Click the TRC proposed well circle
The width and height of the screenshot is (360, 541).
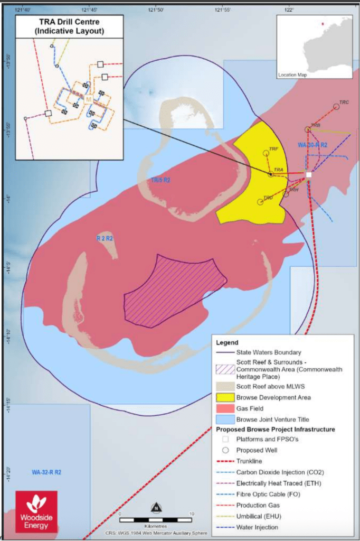point(336,107)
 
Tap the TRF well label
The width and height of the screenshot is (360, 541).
point(273,149)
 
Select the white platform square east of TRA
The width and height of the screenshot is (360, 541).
point(309,174)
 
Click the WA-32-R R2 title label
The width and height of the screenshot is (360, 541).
point(46,472)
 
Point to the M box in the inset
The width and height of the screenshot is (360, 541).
point(88,99)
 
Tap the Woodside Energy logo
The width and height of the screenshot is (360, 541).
point(35,510)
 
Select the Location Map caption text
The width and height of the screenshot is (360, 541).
point(292,75)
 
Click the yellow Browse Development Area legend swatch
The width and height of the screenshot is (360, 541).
point(225,397)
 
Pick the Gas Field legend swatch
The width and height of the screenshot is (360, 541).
point(225,408)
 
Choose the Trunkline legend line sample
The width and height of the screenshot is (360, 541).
point(225,461)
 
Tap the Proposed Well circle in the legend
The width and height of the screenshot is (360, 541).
point(225,450)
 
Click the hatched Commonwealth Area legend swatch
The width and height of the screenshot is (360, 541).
point(225,369)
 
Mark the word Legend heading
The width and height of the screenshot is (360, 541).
point(228,342)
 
